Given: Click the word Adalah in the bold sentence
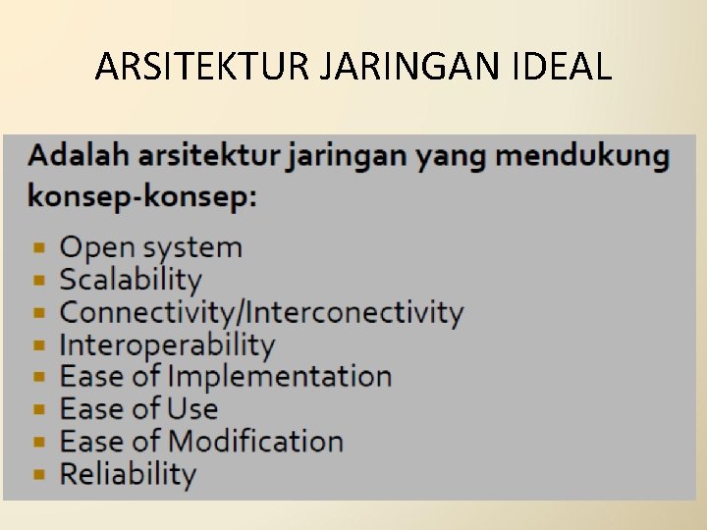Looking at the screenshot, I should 78,155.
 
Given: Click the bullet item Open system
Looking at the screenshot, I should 150,247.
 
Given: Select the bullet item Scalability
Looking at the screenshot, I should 131,280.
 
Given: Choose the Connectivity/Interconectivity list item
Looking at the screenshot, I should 261,313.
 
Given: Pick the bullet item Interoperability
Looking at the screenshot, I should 167,344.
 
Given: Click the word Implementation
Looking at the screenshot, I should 280,377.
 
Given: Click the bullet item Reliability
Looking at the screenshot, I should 128,474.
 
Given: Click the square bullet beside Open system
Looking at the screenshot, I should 38,248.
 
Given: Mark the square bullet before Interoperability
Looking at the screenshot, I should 38,345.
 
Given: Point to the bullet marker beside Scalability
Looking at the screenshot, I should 38,281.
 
